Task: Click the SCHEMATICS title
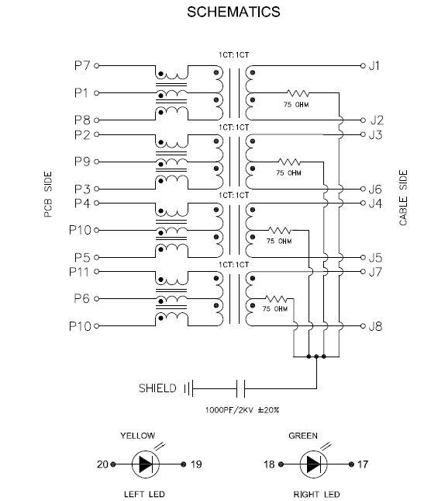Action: [233, 12]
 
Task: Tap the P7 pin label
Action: [82, 65]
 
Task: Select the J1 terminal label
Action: [374, 65]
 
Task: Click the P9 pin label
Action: [82, 162]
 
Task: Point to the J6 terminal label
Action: [375, 190]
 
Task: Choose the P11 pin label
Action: [79, 272]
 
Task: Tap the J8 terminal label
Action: [375, 326]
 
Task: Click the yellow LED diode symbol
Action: [146, 464]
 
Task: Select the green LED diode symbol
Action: [313, 464]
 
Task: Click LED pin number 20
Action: [102, 464]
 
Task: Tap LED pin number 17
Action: [363, 464]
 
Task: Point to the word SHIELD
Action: [157, 388]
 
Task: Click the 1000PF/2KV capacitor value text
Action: [243, 410]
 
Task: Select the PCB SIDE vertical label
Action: [48, 194]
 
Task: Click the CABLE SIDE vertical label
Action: [403, 197]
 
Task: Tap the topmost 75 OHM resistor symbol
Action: [298, 93]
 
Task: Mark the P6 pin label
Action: [81, 299]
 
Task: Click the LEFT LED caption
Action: [144, 494]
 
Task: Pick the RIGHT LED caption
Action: [316, 494]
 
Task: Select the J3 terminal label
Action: [375, 135]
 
